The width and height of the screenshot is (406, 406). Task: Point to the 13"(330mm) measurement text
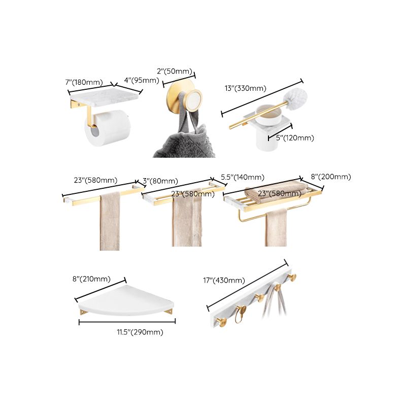click(245, 88)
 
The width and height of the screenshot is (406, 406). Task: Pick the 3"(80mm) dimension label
click(160, 181)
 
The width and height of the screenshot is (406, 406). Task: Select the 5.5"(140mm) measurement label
click(242, 177)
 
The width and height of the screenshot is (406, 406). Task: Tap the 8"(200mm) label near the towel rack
click(331, 177)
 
